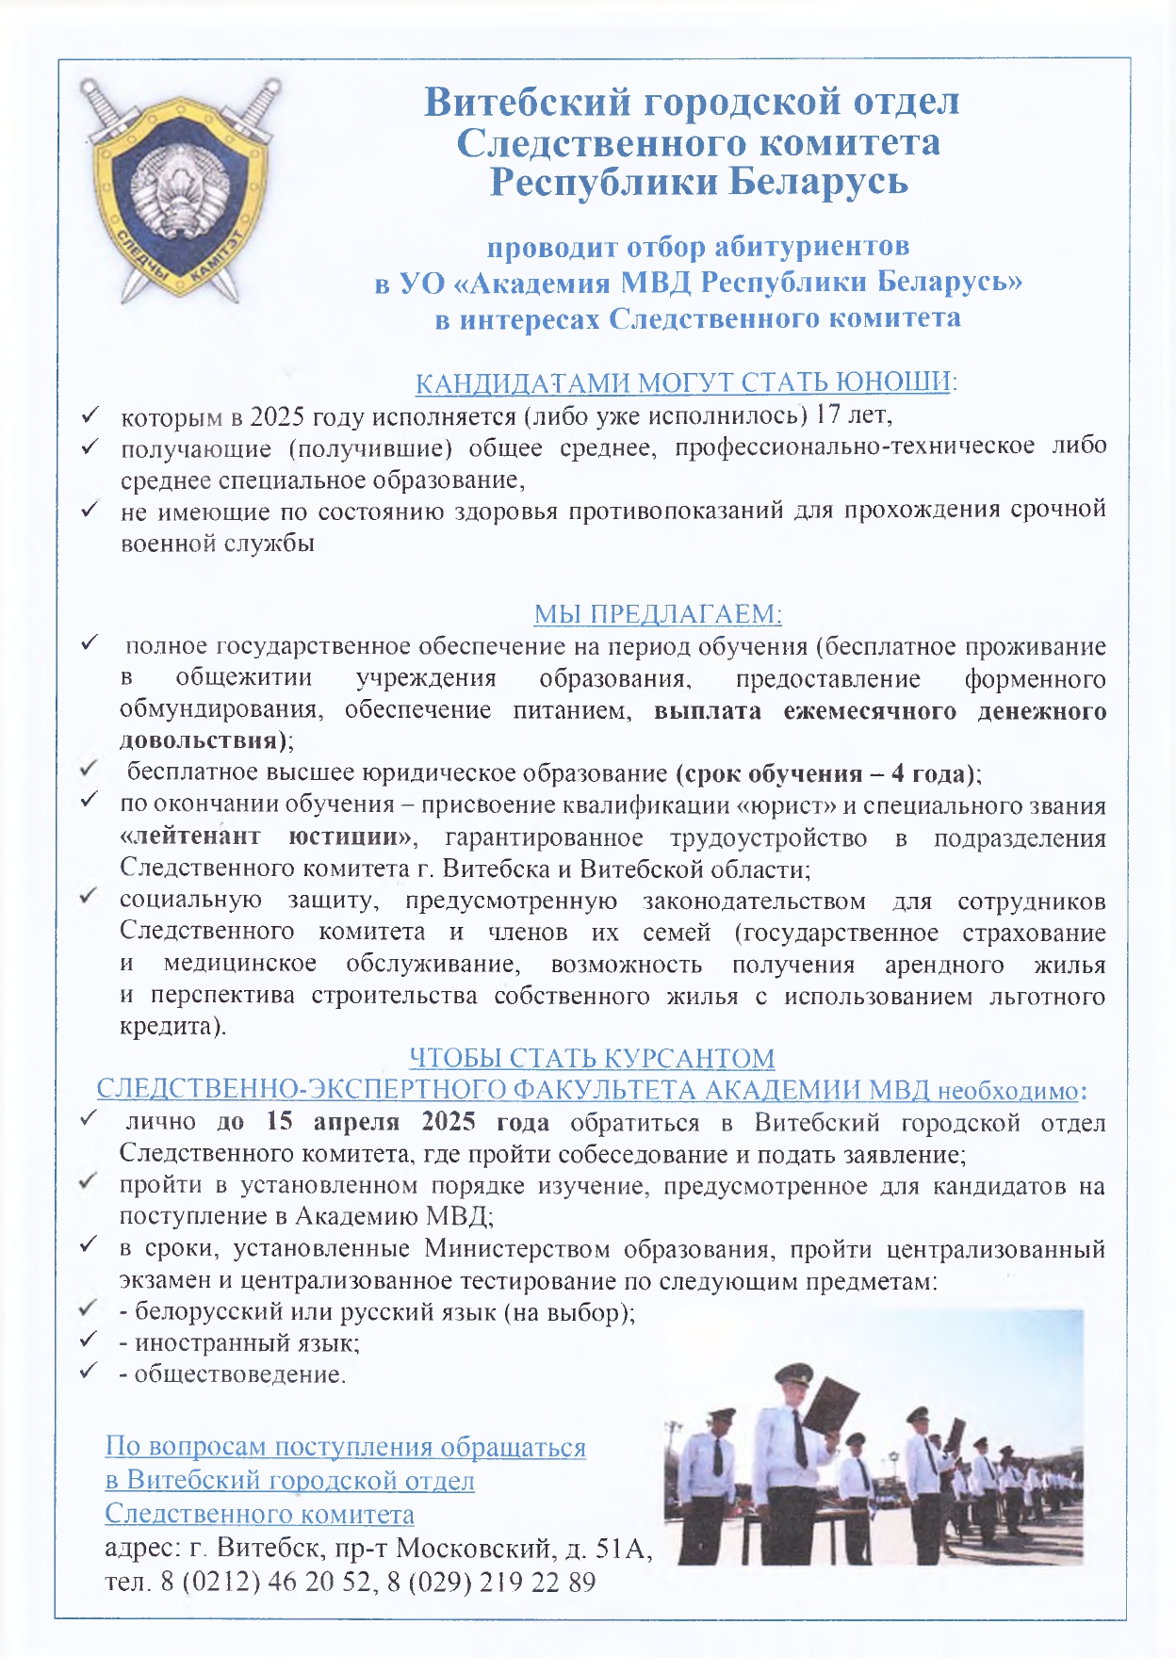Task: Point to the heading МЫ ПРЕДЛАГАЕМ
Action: coord(658,614)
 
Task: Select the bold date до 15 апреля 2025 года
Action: coord(383,1123)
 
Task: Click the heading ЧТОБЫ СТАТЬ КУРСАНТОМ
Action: coord(592,1058)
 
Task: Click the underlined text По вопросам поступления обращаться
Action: coord(345,1447)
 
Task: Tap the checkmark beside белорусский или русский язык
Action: coord(90,1309)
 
